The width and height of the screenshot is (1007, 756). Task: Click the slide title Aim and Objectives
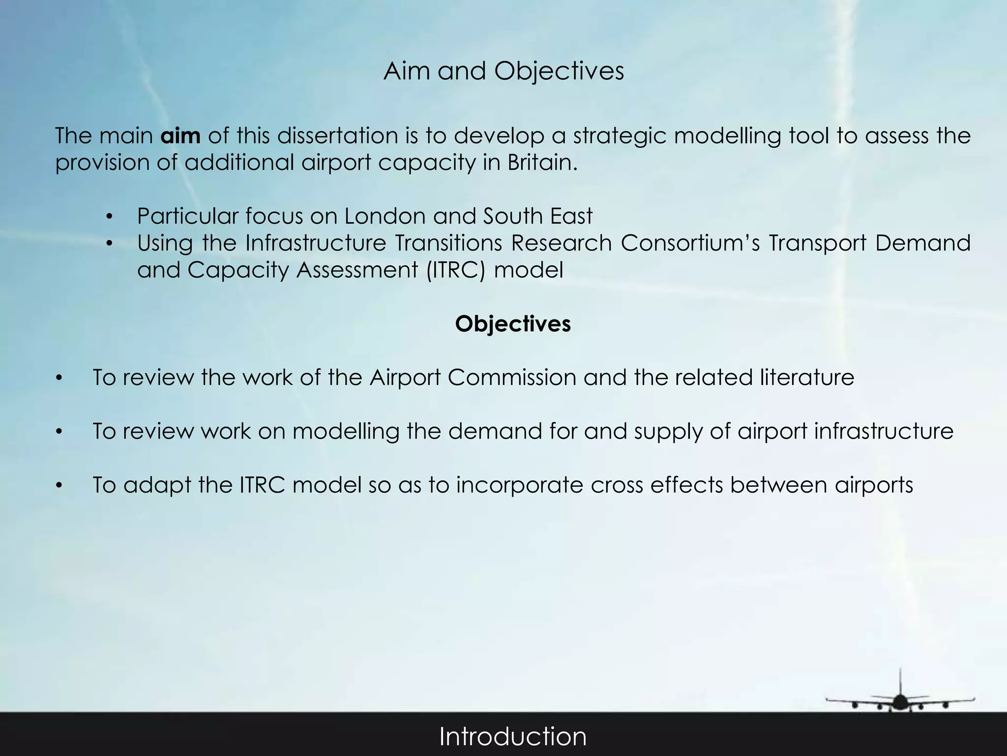503,71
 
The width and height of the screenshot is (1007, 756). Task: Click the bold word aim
180,136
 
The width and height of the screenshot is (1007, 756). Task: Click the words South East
538,216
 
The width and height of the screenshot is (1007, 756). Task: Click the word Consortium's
690,243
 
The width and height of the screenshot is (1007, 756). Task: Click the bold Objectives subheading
513,324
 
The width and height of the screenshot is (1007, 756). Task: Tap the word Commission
512,378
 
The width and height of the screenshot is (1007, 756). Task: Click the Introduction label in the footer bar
513,737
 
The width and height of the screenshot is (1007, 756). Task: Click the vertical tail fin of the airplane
900,682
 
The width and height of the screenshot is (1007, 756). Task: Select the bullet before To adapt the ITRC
59,486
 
